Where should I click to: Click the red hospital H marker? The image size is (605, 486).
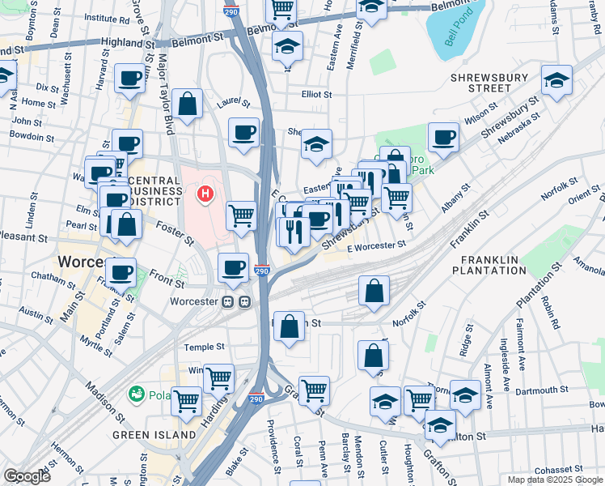click(x=205, y=194)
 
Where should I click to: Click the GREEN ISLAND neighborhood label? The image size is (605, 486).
click(x=154, y=435)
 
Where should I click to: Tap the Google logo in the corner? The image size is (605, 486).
click(x=27, y=476)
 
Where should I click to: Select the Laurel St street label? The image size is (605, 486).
click(x=234, y=103)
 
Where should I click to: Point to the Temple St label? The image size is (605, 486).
click(x=204, y=347)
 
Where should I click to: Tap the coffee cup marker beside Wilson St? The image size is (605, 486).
click(x=442, y=137)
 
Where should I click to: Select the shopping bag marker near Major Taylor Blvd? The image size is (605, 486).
click(x=187, y=104)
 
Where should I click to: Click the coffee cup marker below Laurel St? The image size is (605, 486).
click(x=243, y=133)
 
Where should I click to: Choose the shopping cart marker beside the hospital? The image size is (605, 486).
click(x=242, y=216)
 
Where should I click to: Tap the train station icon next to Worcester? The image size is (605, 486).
click(x=236, y=301)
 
